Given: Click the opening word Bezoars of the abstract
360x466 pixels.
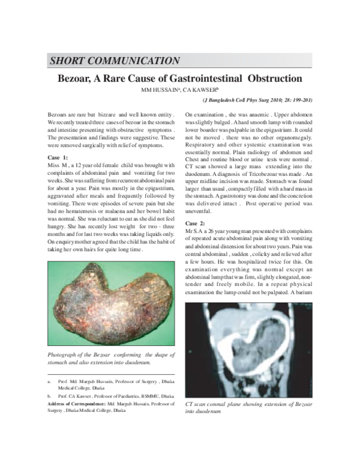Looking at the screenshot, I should (x=59, y=113).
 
